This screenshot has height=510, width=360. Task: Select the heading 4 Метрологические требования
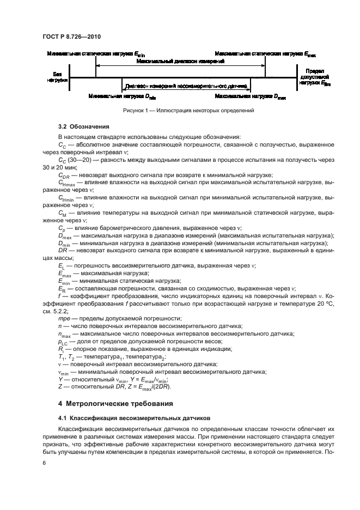click(x=116, y=404)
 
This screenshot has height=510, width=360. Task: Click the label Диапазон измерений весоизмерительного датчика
click(x=186, y=86)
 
